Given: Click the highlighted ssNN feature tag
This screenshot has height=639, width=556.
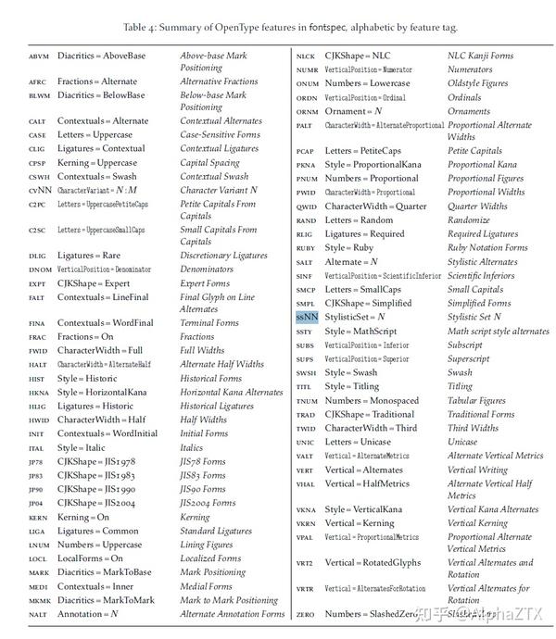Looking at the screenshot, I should click(x=307, y=317).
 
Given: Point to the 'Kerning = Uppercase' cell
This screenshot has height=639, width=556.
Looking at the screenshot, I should click(x=96, y=162).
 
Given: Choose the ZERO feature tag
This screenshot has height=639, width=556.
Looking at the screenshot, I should click(x=306, y=614).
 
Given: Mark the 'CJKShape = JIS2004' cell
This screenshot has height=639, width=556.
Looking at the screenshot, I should click(x=95, y=503).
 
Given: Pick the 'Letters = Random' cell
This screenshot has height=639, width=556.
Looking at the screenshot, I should click(x=359, y=220).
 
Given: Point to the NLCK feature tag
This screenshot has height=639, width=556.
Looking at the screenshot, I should click(x=307, y=56).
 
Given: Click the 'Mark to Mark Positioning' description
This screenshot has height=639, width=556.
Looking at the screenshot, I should click(x=229, y=600).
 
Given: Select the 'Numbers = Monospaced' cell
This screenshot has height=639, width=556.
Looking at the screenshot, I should click(x=370, y=400).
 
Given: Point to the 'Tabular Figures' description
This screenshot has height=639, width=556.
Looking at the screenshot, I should click(x=476, y=400).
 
